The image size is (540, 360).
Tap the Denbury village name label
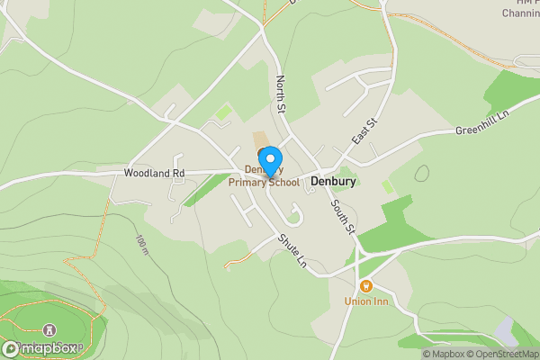click(x=334, y=181)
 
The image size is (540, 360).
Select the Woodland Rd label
click(x=154, y=172)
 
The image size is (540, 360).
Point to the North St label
click(x=281, y=94)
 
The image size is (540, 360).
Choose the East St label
click(x=364, y=132)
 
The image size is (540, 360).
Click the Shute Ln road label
click(x=292, y=252)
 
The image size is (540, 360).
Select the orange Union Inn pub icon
click(x=365, y=286)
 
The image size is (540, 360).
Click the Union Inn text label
click(x=365, y=301)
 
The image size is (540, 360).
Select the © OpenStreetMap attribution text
click(x=500, y=354)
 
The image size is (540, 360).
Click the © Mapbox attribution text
click(x=439, y=354)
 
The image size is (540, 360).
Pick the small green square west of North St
click(x=222, y=114)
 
